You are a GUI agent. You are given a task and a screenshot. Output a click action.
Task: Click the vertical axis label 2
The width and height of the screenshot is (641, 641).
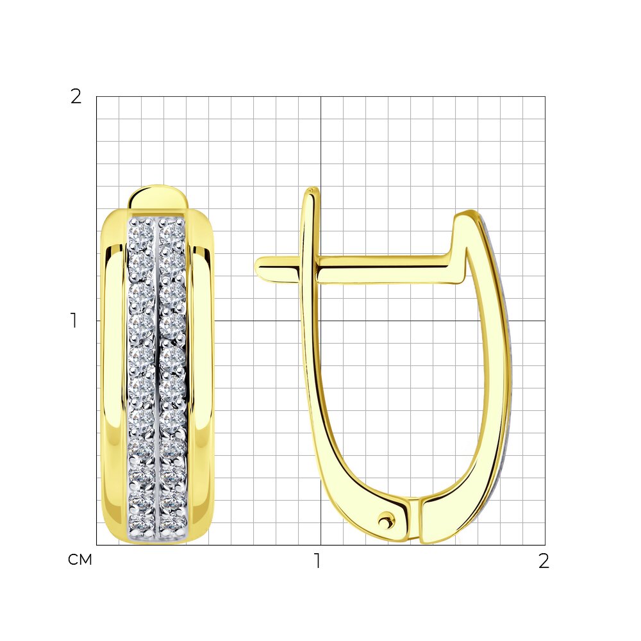pyautogui.click(x=76, y=97)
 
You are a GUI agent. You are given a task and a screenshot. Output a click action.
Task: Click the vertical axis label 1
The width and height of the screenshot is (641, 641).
pyautogui.click(x=74, y=321)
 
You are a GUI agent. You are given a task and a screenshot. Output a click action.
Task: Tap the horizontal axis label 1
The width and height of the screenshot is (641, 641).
pyautogui.click(x=318, y=561)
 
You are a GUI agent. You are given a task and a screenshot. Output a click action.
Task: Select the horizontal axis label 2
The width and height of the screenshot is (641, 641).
pyautogui.click(x=544, y=561)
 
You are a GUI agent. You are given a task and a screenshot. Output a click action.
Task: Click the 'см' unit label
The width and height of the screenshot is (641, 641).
pyautogui.click(x=80, y=560)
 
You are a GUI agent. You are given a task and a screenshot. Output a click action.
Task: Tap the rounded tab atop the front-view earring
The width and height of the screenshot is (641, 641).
pyautogui.click(x=158, y=198)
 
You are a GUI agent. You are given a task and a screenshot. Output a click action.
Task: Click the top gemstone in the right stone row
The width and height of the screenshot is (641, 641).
pyautogui.click(x=172, y=231)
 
